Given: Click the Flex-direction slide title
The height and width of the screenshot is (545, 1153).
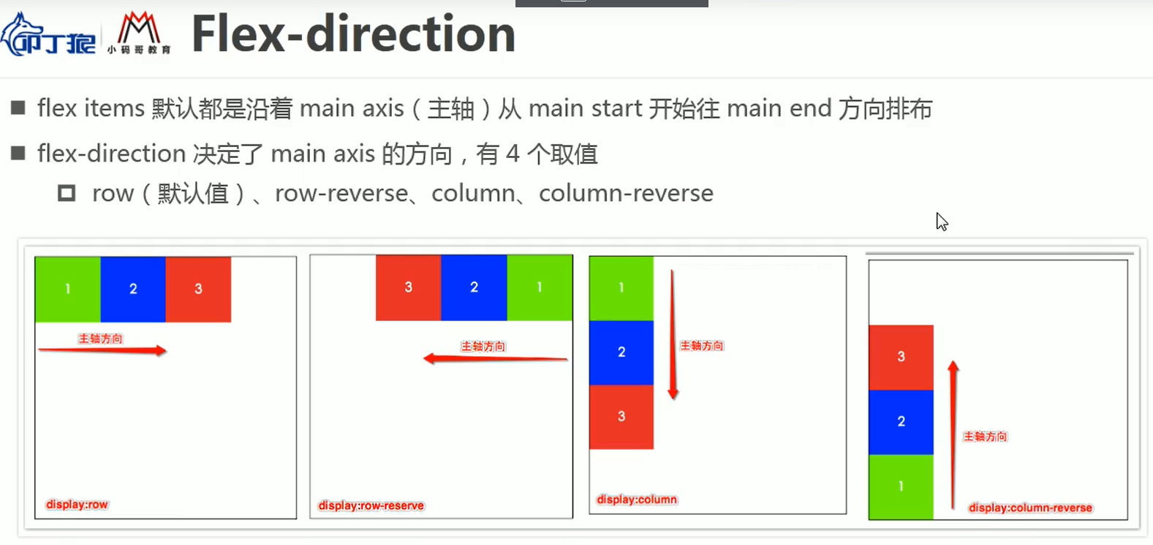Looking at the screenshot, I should [x=353, y=34].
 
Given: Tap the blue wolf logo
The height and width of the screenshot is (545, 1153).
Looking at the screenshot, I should [x=48, y=35].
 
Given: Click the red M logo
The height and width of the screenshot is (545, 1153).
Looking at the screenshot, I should [x=139, y=33].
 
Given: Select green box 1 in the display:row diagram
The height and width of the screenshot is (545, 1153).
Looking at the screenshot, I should [x=67, y=289].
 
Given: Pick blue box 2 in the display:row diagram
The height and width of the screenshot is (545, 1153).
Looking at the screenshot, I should [x=133, y=289].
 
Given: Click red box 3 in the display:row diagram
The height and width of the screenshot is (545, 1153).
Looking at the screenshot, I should [x=198, y=289].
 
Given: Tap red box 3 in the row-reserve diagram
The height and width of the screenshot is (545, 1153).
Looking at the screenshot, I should [x=408, y=287].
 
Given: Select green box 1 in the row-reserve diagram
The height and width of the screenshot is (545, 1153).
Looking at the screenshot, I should [x=540, y=287].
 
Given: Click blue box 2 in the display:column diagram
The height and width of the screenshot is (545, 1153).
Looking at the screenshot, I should [x=621, y=352].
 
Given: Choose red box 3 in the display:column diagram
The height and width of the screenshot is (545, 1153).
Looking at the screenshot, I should [x=621, y=416].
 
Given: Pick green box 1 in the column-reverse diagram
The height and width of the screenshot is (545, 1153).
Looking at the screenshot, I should [x=901, y=486].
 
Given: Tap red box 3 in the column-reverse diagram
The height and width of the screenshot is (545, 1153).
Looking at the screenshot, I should [x=901, y=357].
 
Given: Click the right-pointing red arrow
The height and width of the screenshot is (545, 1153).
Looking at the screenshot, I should [x=102, y=351].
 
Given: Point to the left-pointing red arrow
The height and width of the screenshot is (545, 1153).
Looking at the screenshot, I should [x=495, y=358].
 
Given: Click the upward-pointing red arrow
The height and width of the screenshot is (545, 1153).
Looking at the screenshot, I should [x=953, y=435].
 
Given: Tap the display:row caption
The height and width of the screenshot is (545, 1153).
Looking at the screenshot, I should [x=77, y=505].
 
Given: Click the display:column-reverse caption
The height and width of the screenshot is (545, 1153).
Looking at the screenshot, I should [x=1030, y=508].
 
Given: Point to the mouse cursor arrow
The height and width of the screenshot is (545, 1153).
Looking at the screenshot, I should [x=941, y=221].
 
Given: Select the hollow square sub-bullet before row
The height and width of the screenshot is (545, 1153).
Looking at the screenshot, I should [x=67, y=193].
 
